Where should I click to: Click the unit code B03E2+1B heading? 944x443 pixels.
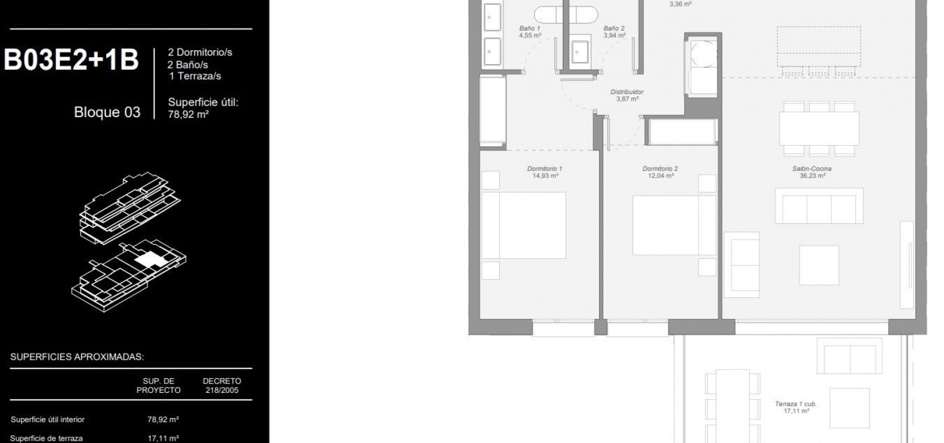71,60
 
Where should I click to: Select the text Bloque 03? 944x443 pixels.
107,112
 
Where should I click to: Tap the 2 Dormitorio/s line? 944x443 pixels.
200,52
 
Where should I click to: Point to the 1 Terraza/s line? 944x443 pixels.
195,76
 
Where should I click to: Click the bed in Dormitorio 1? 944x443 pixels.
524,226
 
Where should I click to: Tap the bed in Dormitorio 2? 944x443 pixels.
674,225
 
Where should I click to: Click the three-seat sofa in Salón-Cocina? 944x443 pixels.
819,206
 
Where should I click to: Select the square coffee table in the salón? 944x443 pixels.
819,265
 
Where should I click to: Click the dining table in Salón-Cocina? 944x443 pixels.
819,129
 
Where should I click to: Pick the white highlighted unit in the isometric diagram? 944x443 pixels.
150,259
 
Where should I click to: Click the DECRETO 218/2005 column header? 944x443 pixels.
222,386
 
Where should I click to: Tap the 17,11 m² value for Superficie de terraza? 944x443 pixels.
163,438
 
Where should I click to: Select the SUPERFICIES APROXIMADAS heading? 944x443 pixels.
77,357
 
